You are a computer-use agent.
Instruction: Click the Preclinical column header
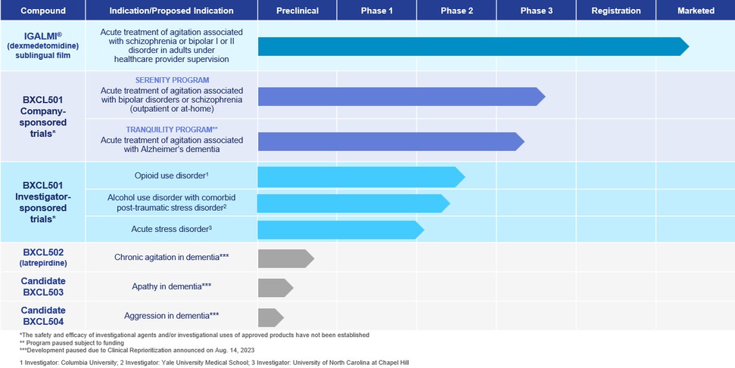[297, 11]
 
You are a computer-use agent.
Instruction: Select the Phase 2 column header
[456, 11]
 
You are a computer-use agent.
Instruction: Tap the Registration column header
[615, 11]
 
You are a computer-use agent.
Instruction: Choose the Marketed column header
[696, 11]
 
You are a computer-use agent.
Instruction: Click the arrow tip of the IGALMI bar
[684, 46]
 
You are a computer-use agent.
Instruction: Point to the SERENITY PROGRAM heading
[172, 80]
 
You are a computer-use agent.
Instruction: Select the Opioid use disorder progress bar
[360, 177]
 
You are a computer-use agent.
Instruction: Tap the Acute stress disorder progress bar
[339, 230]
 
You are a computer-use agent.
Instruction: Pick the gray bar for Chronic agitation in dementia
[285, 258]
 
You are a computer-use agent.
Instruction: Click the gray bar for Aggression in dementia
[270, 317]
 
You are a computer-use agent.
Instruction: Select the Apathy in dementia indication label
[172, 286]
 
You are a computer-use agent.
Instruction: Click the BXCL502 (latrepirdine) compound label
[43, 257]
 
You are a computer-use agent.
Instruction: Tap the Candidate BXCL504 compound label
[43, 316]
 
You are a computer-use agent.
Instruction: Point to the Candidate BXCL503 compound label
[43, 286]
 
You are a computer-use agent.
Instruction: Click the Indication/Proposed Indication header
[172, 11]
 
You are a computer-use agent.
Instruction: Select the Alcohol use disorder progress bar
[353, 203]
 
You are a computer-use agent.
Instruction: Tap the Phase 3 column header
[536, 11]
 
